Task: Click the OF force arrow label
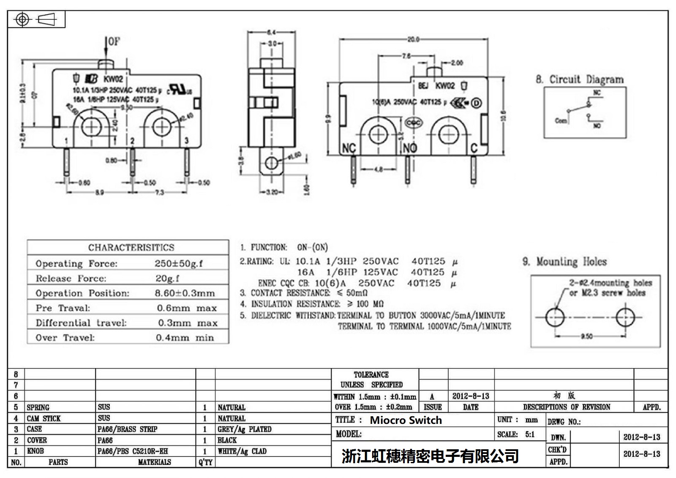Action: (114, 41)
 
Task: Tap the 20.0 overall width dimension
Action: (413, 39)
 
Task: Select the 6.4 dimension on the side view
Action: (271, 32)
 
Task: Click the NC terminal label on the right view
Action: (349, 148)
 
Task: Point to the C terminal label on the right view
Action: (474, 148)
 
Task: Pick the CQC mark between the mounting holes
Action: (413, 123)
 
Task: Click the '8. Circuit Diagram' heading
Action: (580, 79)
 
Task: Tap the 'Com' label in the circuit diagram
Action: (561, 120)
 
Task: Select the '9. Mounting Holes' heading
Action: (564, 262)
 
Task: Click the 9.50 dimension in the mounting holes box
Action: (586, 336)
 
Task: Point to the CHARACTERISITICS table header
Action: (131, 247)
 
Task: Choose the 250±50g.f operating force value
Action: (178, 263)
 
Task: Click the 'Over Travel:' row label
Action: (65, 338)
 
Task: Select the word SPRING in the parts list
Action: (38, 407)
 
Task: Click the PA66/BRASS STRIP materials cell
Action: (127, 429)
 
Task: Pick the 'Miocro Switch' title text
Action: (406, 420)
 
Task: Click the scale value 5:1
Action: (530, 434)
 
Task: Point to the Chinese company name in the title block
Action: (430, 456)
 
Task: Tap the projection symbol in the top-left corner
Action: (35, 20)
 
